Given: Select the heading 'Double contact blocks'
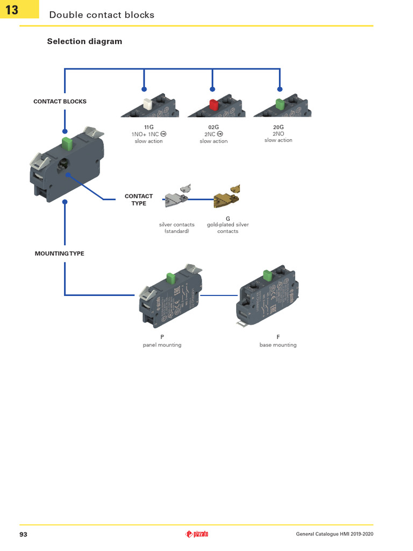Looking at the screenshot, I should pyautogui.click(x=102, y=15).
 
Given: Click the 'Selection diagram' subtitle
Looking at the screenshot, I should pyautogui.click(x=84, y=41).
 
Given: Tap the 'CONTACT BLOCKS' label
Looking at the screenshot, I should pyautogui.click(x=60, y=101).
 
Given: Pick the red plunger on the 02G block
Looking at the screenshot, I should pyautogui.click(x=213, y=104).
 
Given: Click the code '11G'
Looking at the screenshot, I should pyautogui.click(x=149, y=127).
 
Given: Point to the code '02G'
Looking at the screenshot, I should pyautogui.click(x=213, y=127).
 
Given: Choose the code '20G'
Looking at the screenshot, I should pyautogui.click(x=278, y=127).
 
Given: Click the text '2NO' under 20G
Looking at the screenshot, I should pyautogui.click(x=278, y=133).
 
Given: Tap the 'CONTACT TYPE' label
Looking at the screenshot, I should pyautogui.click(x=139, y=200).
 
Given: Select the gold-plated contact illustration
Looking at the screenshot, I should pyautogui.click(x=226, y=197).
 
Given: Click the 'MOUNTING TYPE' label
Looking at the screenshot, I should pyautogui.click(x=60, y=253).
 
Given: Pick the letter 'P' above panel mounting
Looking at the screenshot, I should pyautogui.click(x=162, y=337).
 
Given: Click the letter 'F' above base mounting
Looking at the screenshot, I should pyautogui.click(x=278, y=337).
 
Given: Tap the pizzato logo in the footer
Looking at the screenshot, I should pyautogui.click(x=197, y=534).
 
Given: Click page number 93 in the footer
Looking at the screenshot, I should pyautogui.click(x=23, y=534).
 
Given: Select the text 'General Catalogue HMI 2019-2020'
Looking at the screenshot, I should pyautogui.click(x=334, y=534).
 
